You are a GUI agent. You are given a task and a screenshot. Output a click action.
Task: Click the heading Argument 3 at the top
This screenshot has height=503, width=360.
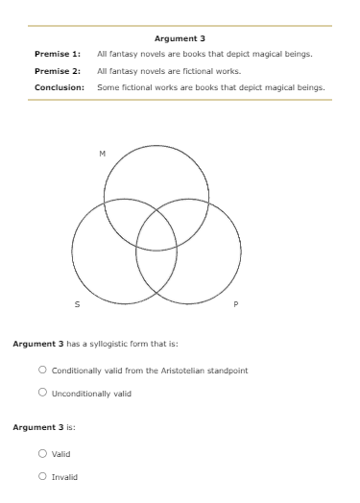click(180, 38)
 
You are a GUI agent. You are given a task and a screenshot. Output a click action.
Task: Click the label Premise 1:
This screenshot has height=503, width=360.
click(58, 54)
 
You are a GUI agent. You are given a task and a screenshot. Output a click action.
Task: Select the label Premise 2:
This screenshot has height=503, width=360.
click(58, 70)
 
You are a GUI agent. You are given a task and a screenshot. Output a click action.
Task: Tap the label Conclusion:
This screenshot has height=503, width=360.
click(60, 86)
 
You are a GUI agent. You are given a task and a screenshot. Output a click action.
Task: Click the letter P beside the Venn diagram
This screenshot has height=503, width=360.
click(235, 305)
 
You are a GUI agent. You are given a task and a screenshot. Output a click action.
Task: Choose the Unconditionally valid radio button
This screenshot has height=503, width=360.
click(43, 393)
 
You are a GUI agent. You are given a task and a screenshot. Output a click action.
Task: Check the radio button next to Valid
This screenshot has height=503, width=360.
click(43, 453)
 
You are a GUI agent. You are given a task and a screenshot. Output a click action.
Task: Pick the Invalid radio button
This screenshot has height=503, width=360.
click(43, 476)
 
